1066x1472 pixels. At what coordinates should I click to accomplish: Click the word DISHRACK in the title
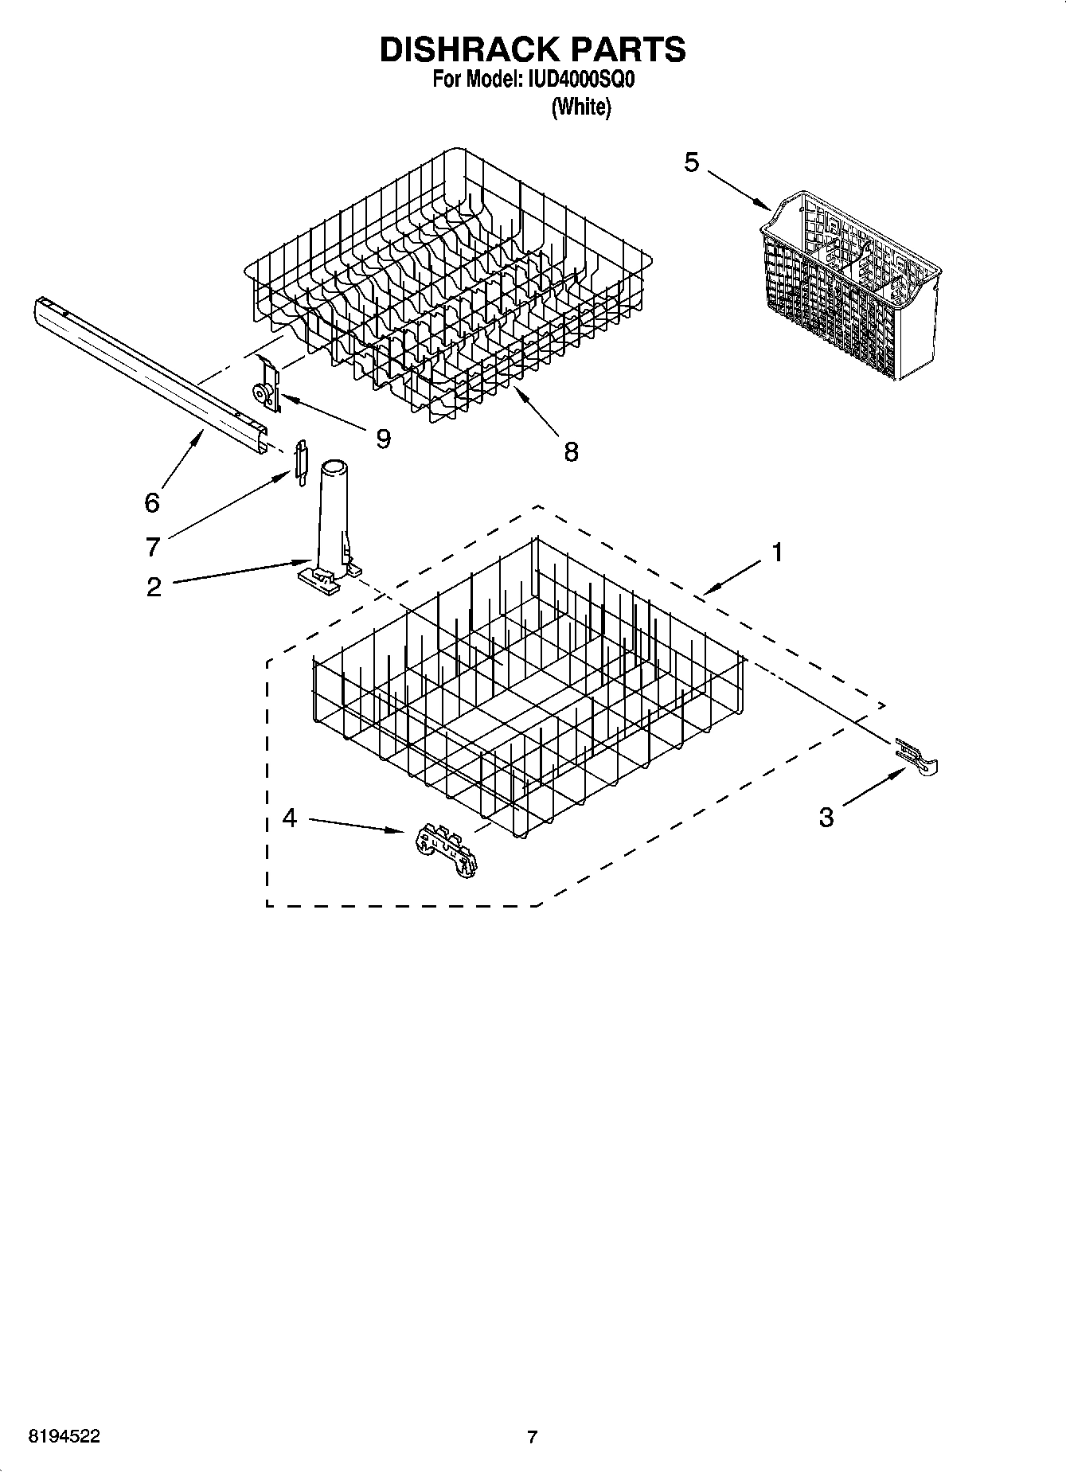tap(461, 49)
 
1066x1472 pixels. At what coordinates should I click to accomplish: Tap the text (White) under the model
tap(581, 107)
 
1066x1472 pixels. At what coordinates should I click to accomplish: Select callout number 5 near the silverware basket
tap(691, 163)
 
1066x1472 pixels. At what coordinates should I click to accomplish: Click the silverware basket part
tap(848, 287)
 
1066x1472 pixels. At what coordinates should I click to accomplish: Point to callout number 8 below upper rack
tap(571, 452)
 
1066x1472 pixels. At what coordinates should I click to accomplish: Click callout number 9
tap(383, 438)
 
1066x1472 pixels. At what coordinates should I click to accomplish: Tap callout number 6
tap(151, 502)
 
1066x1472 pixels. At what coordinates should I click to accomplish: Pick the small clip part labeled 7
tap(300, 461)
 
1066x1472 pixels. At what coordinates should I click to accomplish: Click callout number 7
tap(153, 547)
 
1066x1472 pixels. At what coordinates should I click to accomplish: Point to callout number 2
tap(154, 588)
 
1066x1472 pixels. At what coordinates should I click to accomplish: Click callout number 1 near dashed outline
tap(777, 552)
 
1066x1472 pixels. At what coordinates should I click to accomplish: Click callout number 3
tap(826, 817)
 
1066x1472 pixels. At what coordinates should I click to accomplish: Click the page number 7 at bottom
tap(533, 1437)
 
